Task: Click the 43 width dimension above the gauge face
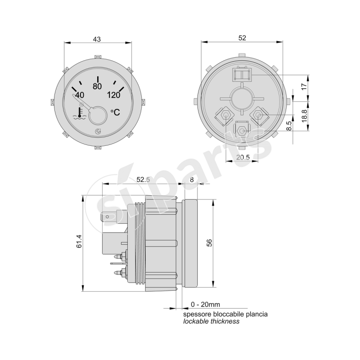coord(97,39)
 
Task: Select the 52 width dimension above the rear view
coord(242,39)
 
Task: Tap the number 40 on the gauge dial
coord(79,95)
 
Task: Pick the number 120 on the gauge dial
coord(114,95)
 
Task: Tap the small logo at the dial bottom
coord(98,131)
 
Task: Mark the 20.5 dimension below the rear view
coord(243,157)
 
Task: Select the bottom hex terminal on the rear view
coord(242,131)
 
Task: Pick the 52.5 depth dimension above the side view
coord(143,179)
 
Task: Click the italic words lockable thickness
coord(211,321)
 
